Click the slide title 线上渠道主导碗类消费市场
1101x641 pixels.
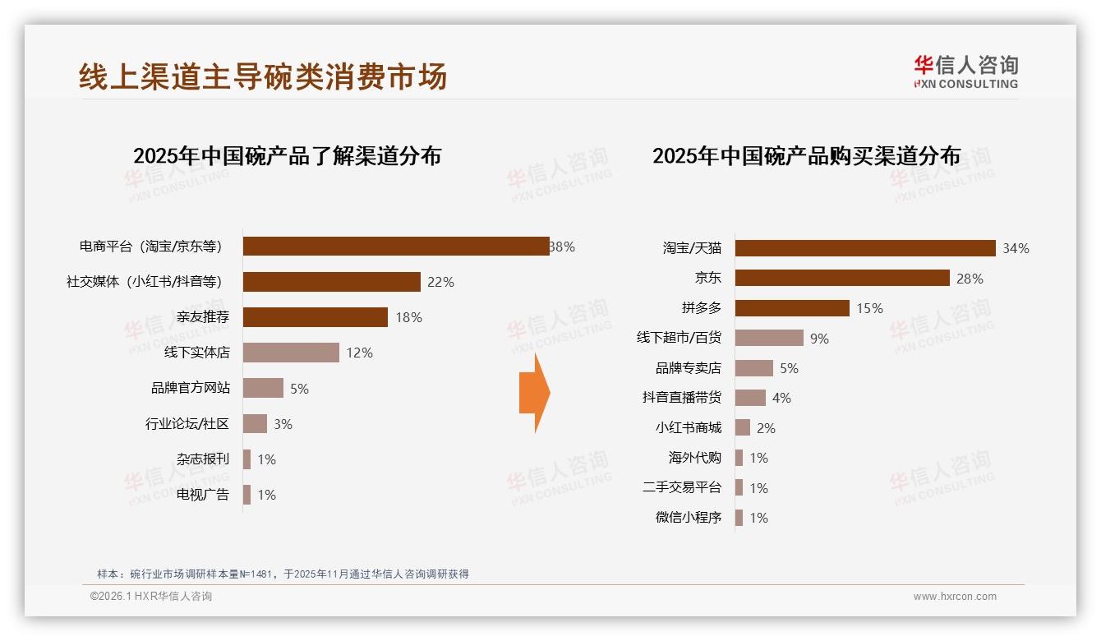(x=263, y=76)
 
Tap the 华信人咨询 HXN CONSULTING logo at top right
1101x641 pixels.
(x=965, y=72)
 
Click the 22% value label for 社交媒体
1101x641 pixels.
(x=440, y=282)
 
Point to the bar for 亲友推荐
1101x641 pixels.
(x=316, y=317)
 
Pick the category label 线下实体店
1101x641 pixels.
(x=197, y=353)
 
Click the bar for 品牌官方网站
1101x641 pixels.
(x=263, y=388)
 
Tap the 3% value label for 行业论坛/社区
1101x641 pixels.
(x=283, y=424)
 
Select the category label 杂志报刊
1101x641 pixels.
(x=203, y=459)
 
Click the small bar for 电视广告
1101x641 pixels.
(x=246, y=495)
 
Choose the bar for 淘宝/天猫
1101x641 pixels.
(x=865, y=248)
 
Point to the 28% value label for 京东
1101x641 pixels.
(x=970, y=279)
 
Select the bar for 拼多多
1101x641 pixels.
(x=792, y=308)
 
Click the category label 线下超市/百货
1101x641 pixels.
(x=679, y=338)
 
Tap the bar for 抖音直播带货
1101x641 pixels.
(x=750, y=398)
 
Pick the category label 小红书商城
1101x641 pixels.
(x=688, y=427)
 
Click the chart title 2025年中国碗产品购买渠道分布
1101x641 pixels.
(x=806, y=156)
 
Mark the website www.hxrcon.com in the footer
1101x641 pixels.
(x=955, y=597)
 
